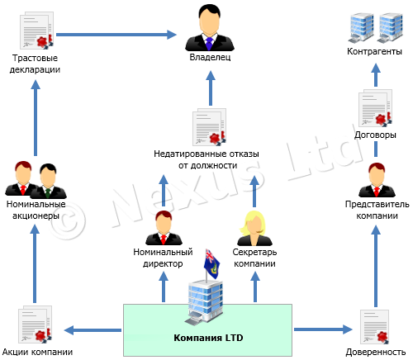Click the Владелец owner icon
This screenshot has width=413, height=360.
click(206, 30)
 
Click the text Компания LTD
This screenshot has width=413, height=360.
click(207, 338)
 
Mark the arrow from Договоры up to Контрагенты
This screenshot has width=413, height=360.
click(373, 78)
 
